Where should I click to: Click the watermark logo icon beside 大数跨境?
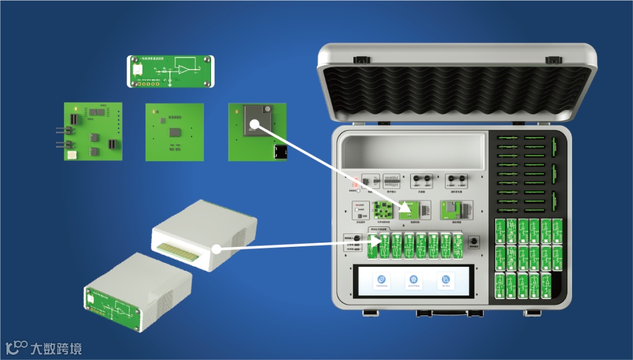tap(15, 347)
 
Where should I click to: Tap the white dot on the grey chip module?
tap(254, 124)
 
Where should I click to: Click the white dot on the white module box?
tap(216, 249)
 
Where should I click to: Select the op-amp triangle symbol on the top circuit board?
tap(184, 70)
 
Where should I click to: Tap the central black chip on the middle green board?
tap(175, 133)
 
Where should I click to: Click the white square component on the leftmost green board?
tap(72, 155)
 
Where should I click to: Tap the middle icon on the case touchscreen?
tap(414, 280)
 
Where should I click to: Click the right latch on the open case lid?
tap(553, 60)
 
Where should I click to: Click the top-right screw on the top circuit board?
tap(205, 60)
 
